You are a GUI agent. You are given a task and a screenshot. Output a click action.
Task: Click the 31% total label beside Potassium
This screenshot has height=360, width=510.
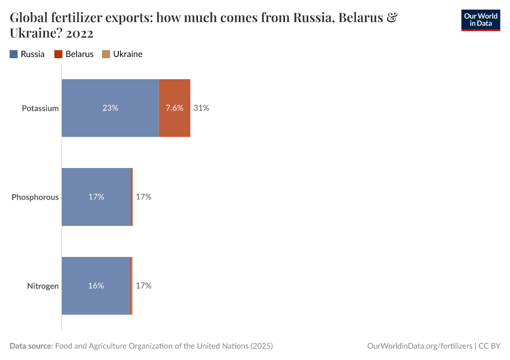pos(201,108)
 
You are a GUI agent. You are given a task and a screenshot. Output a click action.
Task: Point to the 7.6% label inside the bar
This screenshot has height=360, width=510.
pos(175,108)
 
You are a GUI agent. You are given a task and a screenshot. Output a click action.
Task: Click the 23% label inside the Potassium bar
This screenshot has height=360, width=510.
pos(110,108)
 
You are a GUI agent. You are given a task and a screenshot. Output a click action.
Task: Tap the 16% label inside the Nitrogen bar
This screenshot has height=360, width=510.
pos(96,286)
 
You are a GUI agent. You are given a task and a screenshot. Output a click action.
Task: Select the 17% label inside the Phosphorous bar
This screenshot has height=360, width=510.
pos(96,197)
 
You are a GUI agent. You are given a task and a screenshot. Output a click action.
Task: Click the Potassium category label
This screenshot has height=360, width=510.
pos(40,109)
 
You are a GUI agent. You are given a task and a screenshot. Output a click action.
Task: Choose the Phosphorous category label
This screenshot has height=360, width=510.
pos(35,197)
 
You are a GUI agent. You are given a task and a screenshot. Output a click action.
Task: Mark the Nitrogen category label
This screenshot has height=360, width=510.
pos(43,286)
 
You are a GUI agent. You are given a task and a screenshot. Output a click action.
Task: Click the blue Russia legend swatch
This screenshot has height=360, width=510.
pos(14,54)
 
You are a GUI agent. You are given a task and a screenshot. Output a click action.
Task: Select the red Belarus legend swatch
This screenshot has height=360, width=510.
pos(58,54)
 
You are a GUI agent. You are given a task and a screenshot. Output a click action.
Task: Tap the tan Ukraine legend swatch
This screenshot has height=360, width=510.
pos(106,54)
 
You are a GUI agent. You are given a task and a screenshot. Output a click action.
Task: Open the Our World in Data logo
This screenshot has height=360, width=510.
pos(480,20)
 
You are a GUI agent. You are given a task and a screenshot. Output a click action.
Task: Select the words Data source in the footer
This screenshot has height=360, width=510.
pos(31,346)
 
